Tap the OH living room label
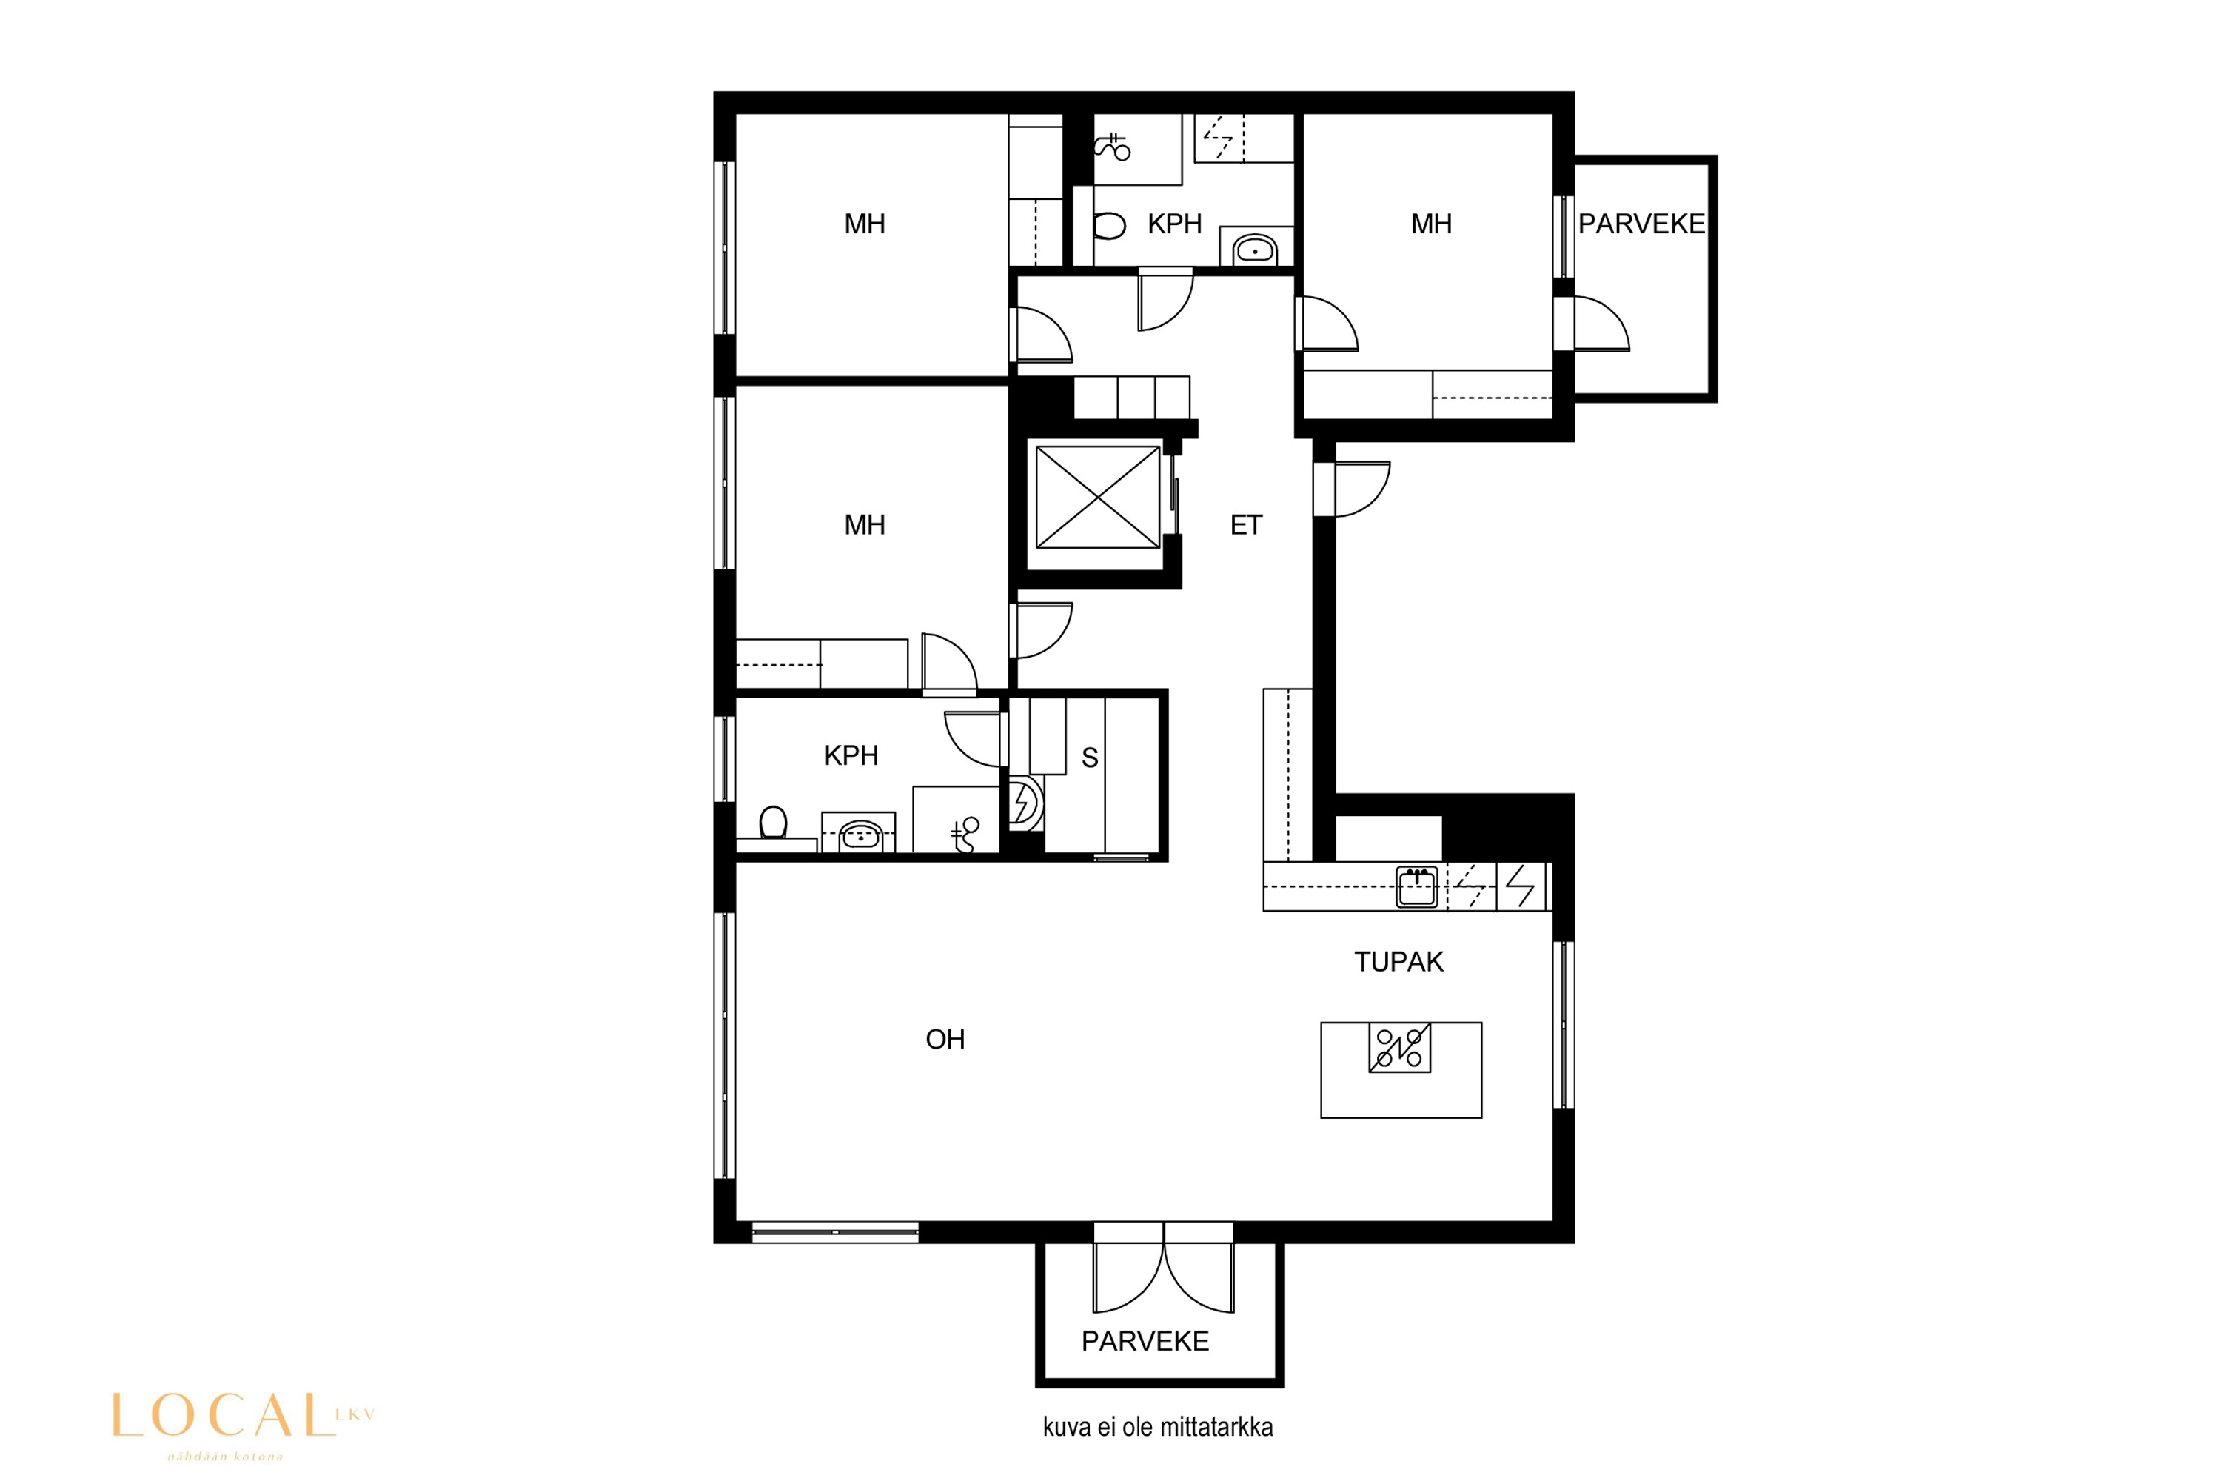945,1039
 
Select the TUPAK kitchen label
1398,961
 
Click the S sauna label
1090,758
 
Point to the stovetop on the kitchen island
1399,1048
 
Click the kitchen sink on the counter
1416,886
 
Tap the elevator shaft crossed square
1097,497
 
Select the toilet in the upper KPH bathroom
1110,226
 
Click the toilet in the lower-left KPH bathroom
774,822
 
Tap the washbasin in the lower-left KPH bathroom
860,835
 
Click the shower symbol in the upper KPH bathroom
1113,147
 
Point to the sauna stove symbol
1024,803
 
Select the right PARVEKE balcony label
1641,224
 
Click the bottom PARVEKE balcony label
1145,1341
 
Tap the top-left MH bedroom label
864,224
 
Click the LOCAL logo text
224,1415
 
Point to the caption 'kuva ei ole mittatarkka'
1158,1427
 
